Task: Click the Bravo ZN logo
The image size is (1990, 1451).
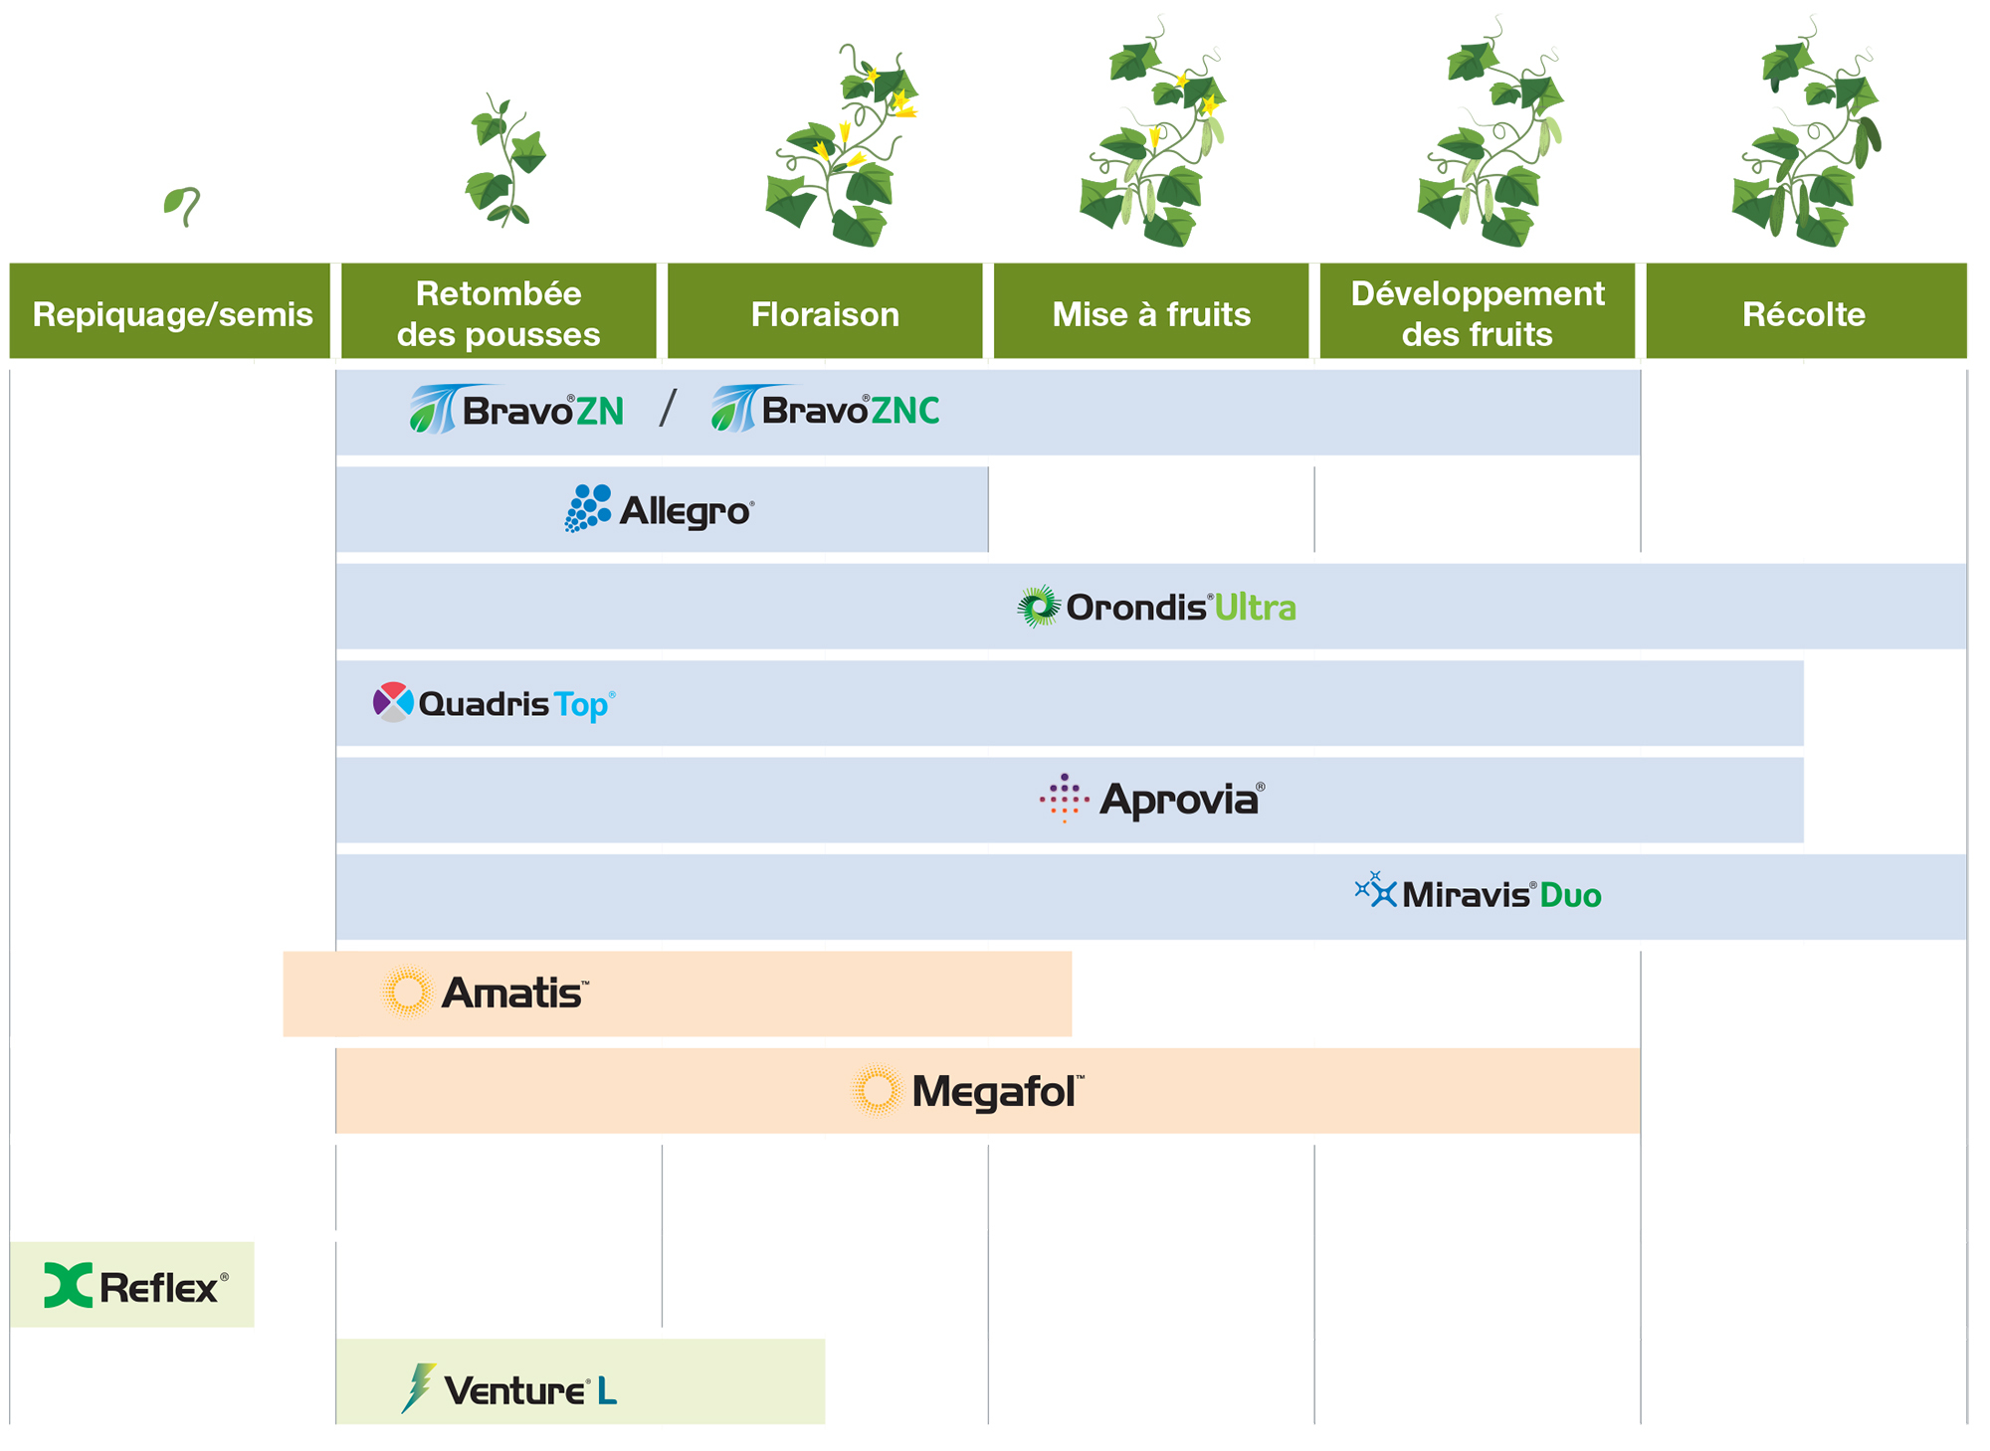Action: [517, 410]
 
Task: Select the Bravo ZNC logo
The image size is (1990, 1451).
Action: [826, 410]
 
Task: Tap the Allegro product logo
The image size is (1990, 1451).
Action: [660, 509]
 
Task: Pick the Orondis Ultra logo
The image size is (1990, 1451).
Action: [1156, 607]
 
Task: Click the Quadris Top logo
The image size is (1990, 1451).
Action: [495, 703]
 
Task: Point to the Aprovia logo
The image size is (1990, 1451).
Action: [1152, 800]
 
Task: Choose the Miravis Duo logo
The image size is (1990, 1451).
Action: [1478, 893]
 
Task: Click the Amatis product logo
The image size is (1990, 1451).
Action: [486, 993]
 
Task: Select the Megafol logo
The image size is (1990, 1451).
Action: [968, 1091]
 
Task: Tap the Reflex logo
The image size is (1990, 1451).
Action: [136, 1286]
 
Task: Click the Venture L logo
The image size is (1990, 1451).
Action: [508, 1388]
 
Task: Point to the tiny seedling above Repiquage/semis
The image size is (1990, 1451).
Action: [182, 206]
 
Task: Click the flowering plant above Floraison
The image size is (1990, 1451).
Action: [843, 149]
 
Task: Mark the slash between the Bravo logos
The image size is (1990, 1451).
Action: [668, 409]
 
